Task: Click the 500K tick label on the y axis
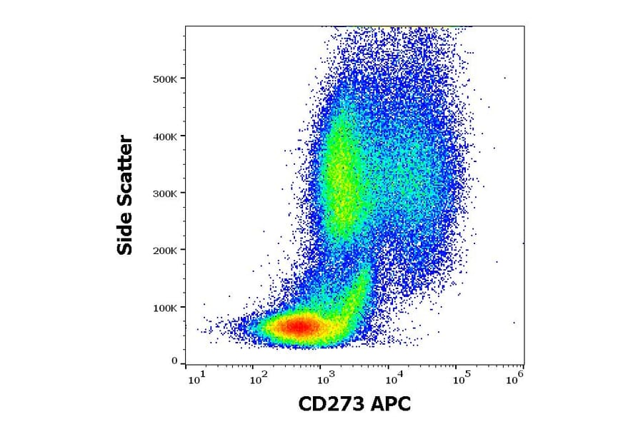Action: (165, 79)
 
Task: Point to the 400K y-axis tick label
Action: (165, 136)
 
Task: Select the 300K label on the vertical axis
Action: (165, 193)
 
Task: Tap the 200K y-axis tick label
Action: (165, 250)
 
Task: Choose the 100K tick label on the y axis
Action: (165, 307)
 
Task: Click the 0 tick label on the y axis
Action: (174, 361)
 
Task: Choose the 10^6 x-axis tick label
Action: (514, 375)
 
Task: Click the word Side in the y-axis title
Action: (125, 233)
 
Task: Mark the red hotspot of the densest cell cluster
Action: (300, 327)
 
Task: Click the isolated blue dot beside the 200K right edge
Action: (524, 243)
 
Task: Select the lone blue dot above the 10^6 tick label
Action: (514, 323)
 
